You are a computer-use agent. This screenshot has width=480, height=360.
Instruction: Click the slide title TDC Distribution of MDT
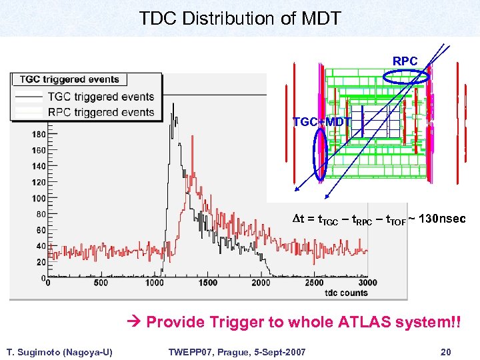[240, 18]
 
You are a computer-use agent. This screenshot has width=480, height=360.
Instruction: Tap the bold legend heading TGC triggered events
[69, 79]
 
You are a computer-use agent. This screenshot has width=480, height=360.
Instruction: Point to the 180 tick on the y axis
[39, 134]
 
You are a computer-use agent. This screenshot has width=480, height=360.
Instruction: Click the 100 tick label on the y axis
[39, 198]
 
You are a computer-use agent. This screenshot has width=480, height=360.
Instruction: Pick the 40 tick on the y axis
[41, 246]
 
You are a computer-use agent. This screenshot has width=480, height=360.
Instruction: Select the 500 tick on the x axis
[100, 283]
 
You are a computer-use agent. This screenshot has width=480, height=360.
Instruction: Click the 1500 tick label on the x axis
[207, 283]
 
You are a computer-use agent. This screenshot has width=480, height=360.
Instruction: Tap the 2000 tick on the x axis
[261, 283]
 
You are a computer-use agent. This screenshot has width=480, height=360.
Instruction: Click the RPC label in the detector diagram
[405, 61]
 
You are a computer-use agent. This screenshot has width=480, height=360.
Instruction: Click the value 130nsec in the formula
[436, 219]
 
